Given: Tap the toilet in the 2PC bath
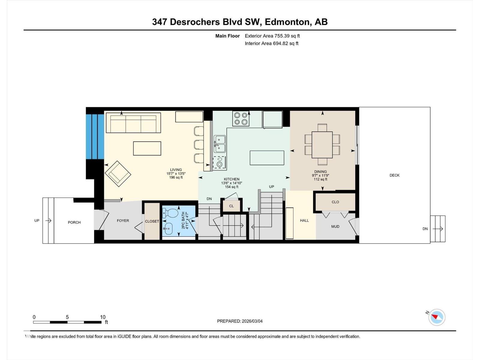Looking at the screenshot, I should pos(170,213).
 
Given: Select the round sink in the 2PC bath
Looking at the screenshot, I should pos(168,229).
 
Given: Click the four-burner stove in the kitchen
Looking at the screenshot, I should pos(241,118).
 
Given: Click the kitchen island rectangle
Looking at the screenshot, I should pos(267,158).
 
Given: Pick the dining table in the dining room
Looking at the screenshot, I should pos(322,145).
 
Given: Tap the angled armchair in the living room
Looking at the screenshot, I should pos(118,174).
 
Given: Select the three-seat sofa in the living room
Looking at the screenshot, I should pos(133,123).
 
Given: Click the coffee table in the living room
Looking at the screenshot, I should pos(147,148).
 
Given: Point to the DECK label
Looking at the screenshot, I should pos(394,175).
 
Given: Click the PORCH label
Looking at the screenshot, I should pos(74,222).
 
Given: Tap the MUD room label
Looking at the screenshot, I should pos(335,226).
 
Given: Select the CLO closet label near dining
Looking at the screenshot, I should pos(335,202).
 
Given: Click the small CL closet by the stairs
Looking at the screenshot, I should pos(231,206).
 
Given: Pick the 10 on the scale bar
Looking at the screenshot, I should pos(103,317).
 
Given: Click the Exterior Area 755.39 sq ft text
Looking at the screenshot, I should pos(272,36).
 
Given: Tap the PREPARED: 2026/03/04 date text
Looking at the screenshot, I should pos(240,321).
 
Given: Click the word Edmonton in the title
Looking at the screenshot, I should pos(287,22).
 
